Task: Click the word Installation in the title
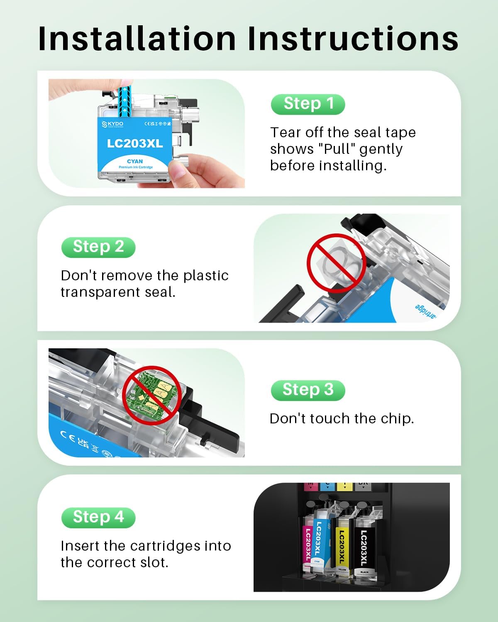pos(137,39)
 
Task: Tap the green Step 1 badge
pos(308,104)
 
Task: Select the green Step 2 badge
pos(98,247)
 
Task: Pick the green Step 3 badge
pos(308,390)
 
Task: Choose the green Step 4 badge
pos(98,517)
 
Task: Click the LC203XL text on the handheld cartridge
pos(135,143)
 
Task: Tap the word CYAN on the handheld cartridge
pos(135,161)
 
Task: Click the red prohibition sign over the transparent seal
pos(336,263)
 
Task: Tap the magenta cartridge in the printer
pos(308,543)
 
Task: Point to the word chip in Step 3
pos(396,418)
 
